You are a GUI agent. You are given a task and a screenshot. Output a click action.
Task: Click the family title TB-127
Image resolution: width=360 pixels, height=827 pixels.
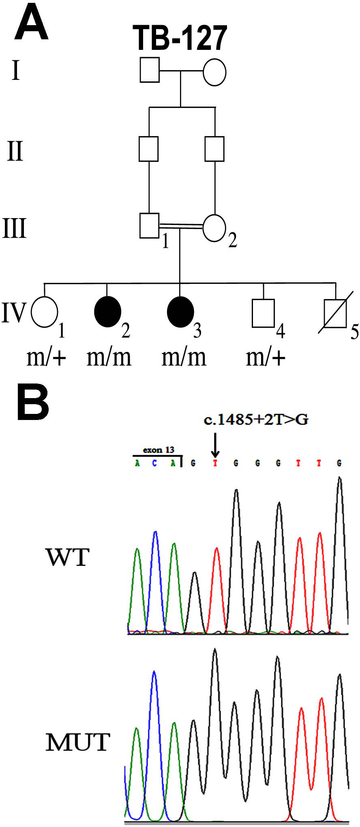click(180, 37)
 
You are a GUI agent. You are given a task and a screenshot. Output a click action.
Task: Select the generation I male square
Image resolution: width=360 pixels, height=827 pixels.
click(149, 70)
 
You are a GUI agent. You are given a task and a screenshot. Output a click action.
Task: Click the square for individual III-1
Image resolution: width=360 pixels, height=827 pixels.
click(149, 225)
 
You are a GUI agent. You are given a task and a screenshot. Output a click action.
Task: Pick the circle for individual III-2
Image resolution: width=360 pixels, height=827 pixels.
click(214, 227)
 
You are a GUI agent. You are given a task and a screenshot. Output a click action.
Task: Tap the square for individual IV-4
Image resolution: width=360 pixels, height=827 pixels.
click(263, 313)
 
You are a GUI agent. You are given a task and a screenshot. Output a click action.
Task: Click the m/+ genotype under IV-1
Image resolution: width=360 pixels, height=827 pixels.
click(46, 358)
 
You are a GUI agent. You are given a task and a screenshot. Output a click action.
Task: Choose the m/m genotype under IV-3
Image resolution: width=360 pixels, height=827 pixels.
click(184, 358)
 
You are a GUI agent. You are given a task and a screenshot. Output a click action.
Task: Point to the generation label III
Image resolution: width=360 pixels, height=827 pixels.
click(15, 228)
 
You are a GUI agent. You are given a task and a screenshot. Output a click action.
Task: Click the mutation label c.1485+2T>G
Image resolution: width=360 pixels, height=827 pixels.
click(256, 420)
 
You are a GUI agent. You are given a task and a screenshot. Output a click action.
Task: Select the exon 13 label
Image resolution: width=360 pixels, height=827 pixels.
click(159, 450)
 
